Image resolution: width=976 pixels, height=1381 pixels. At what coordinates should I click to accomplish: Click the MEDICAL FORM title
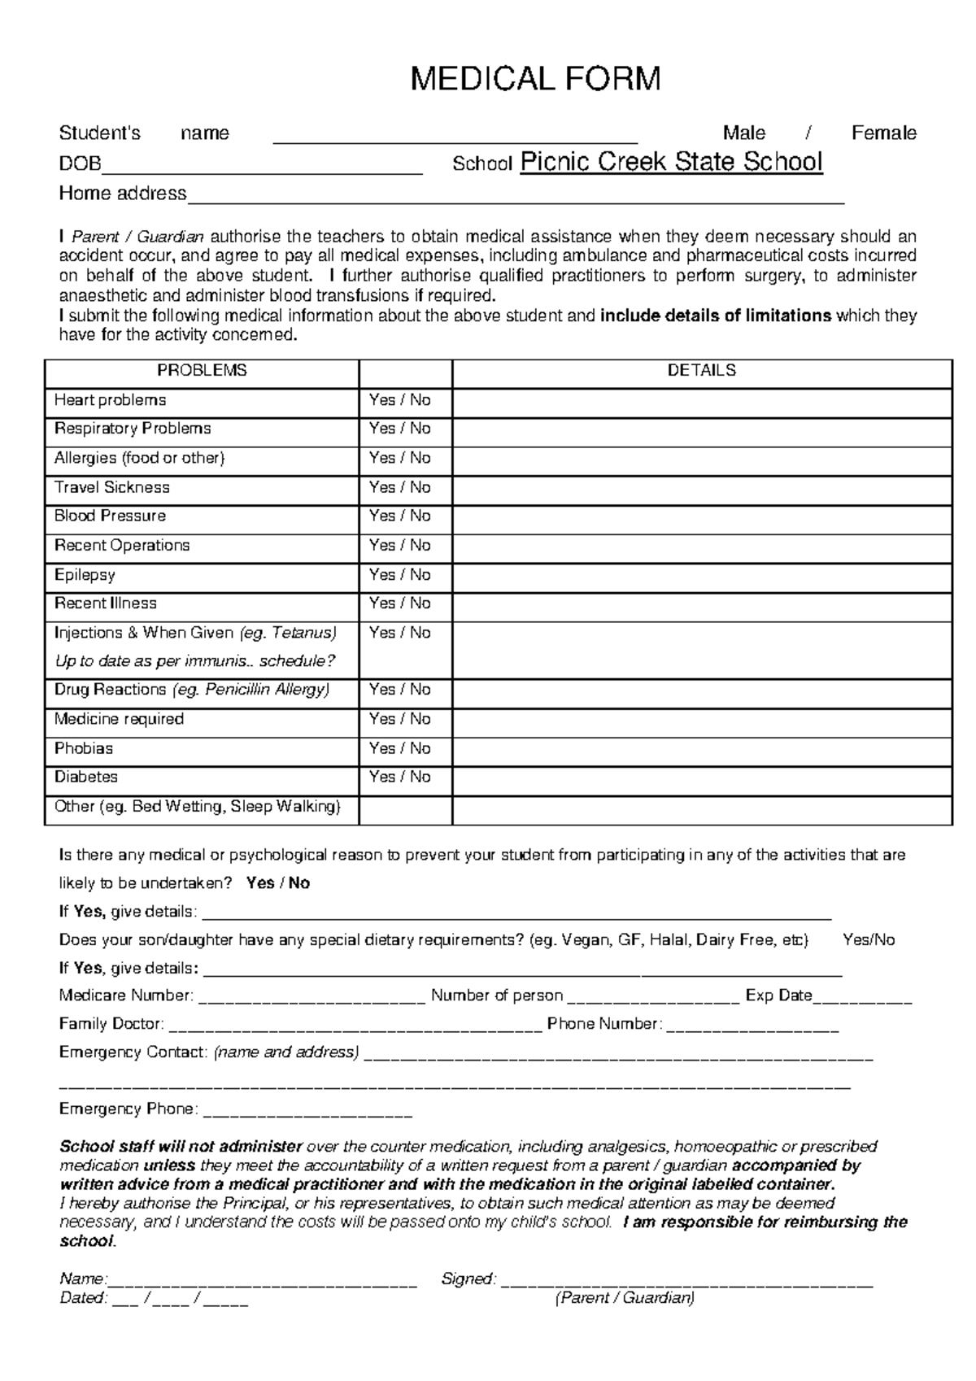click(535, 79)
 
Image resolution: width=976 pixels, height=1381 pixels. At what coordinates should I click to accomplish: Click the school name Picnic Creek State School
click(671, 162)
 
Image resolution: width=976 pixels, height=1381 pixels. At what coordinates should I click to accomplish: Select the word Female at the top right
click(883, 133)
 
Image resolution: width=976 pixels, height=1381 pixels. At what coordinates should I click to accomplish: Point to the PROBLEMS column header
click(202, 371)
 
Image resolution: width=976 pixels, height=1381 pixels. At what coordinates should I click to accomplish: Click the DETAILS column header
click(701, 371)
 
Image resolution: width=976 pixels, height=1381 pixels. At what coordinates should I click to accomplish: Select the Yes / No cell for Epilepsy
click(399, 575)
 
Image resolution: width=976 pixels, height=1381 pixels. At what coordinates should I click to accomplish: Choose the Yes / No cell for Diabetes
click(399, 778)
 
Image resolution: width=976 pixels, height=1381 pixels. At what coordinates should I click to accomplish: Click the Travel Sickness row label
click(112, 487)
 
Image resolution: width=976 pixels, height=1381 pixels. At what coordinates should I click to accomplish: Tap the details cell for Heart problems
click(701, 401)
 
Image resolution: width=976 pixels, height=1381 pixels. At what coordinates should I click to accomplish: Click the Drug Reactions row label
click(192, 690)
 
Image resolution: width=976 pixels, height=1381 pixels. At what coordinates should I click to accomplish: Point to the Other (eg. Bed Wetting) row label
click(197, 807)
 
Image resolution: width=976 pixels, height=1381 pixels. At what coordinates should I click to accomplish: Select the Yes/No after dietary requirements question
click(869, 940)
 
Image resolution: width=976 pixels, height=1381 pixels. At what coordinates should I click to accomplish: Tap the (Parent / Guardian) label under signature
click(624, 1298)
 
